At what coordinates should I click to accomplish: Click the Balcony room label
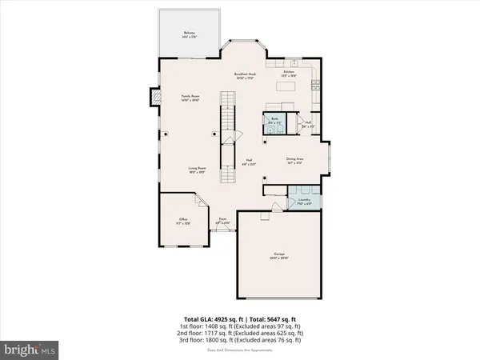[189, 34]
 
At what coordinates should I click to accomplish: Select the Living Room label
[187, 170]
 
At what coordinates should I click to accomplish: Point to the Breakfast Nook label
[245, 74]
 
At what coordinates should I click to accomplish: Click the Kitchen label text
[290, 72]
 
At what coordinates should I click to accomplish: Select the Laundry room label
[303, 202]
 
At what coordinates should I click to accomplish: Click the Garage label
[280, 258]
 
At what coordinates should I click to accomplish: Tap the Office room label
[183, 222]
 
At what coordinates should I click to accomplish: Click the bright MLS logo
[30, 349]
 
